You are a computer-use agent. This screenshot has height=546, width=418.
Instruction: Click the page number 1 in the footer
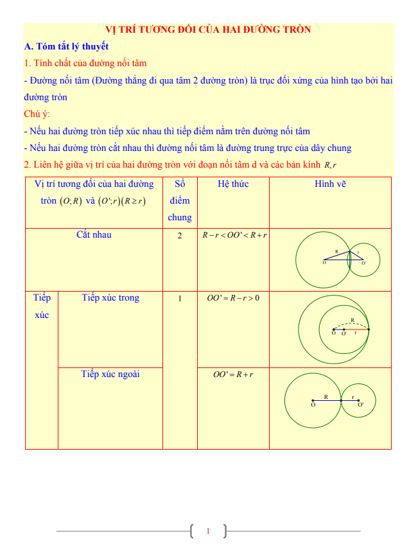208,531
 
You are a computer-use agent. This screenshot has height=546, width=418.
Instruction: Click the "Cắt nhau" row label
94,234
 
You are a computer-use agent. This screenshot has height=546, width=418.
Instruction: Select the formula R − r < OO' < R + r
234,236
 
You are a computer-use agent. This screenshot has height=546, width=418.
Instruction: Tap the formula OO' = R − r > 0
233,299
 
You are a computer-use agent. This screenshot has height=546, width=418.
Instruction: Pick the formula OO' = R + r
233,374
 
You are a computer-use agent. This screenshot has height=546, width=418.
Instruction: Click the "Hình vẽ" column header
330,184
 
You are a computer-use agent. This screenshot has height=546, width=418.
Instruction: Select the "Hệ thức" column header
233,184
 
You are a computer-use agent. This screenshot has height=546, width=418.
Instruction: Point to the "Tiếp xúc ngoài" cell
110,374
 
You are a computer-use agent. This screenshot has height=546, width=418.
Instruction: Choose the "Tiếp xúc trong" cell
110,298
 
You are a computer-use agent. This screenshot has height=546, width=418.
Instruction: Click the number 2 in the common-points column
180,236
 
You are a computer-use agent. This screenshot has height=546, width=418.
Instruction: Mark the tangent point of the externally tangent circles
341,401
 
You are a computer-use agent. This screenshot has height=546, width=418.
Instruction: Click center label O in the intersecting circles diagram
324,263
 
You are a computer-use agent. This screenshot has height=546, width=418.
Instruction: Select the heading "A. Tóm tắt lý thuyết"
66,46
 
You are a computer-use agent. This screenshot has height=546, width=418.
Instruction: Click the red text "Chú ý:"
36,114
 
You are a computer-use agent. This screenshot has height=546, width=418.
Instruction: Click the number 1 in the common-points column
180,299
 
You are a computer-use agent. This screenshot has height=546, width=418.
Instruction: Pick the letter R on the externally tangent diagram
326,397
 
